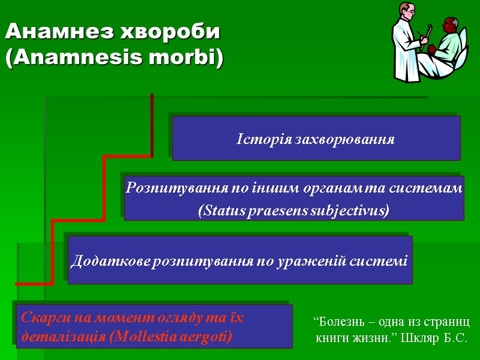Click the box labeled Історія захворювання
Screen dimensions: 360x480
[x=316, y=139]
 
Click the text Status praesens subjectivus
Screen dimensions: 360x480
[x=293, y=211]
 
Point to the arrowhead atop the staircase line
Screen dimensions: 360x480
[x=152, y=96]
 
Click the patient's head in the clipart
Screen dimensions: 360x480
[x=449, y=26]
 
